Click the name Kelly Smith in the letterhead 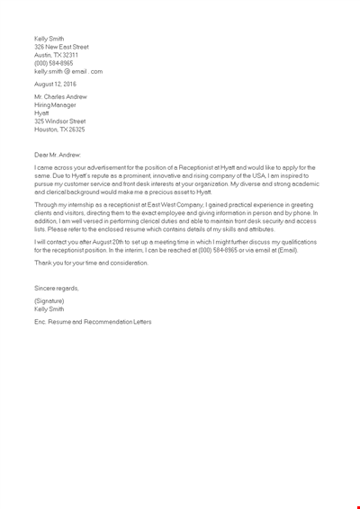pos(49,39)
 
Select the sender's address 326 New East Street pos(61,47)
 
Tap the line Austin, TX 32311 pos(56,55)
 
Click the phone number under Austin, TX pos(53,63)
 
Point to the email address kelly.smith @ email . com pos(68,71)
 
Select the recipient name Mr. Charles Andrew pos(59,96)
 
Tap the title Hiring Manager pos(55,104)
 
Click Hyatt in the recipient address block pos(42,112)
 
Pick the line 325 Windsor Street pos(59,121)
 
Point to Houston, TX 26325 pos(59,129)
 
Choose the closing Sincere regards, pos(56,288)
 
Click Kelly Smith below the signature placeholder pos(49,308)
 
